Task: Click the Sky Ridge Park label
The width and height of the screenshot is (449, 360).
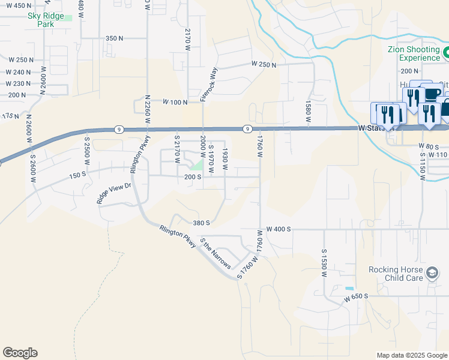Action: tap(49, 20)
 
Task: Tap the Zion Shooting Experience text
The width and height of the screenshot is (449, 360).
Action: tap(410, 53)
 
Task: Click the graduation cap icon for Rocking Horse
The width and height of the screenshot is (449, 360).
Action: tap(432, 274)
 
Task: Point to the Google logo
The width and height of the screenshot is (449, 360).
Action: tap(20, 353)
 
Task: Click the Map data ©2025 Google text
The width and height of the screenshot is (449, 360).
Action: tap(411, 355)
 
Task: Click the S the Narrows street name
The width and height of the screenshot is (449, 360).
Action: tap(215, 254)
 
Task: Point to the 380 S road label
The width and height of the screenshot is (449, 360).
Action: tap(201, 223)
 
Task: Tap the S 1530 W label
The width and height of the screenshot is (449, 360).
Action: tap(324, 263)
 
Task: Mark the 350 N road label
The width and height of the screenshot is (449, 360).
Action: tap(114, 38)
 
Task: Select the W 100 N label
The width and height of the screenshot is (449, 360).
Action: tap(175, 103)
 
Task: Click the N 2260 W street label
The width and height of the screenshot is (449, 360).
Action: tap(147, 110)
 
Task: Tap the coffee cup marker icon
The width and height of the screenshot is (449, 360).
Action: tap(433, 93)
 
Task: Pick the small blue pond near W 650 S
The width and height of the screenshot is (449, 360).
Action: tap(349, 289)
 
